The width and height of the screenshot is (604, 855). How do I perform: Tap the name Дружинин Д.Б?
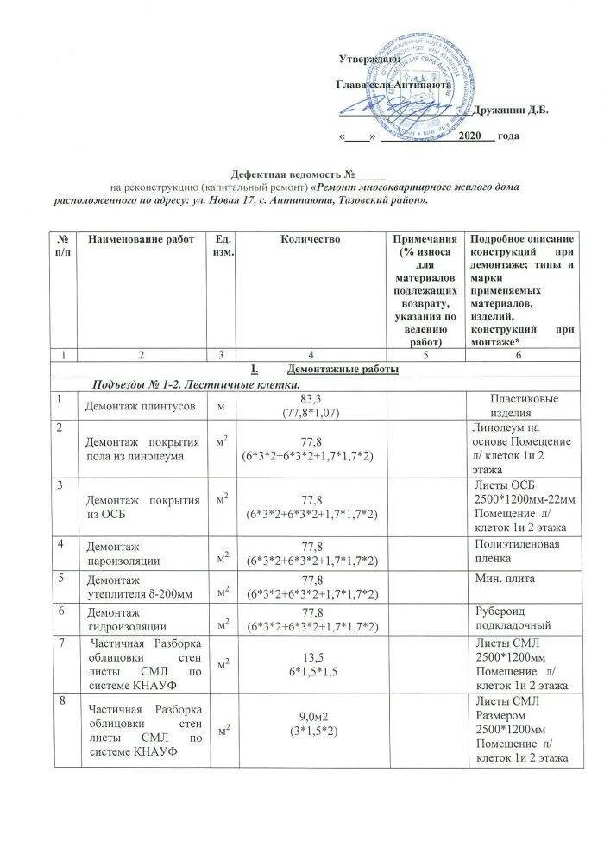pos(512,110)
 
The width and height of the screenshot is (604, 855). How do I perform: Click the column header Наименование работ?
pos(142,238)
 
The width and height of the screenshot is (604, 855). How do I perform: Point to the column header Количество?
pos(310,238)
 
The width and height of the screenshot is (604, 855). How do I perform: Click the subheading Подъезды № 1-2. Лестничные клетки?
pos(198,383)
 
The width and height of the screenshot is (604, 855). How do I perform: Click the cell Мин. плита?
pos(505,581)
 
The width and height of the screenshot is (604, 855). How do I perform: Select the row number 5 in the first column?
pos(61,579)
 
